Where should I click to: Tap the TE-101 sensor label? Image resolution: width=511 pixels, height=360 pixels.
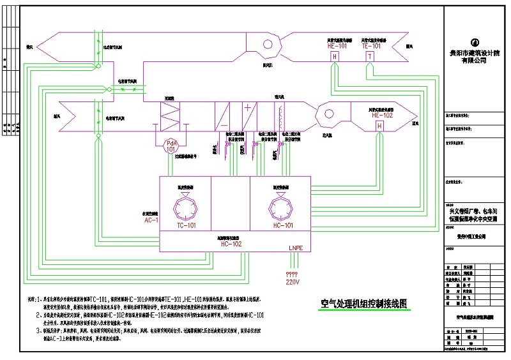(x=371, y=47)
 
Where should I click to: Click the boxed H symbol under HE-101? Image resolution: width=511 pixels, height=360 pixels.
(x=334, y=57)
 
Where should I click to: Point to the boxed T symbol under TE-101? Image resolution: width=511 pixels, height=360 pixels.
(x=370, y=57)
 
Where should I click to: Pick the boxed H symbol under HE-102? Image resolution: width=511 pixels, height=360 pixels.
(x=379, y=126)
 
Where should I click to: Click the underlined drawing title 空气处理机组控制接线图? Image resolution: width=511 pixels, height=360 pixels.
(x=363, y=304)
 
